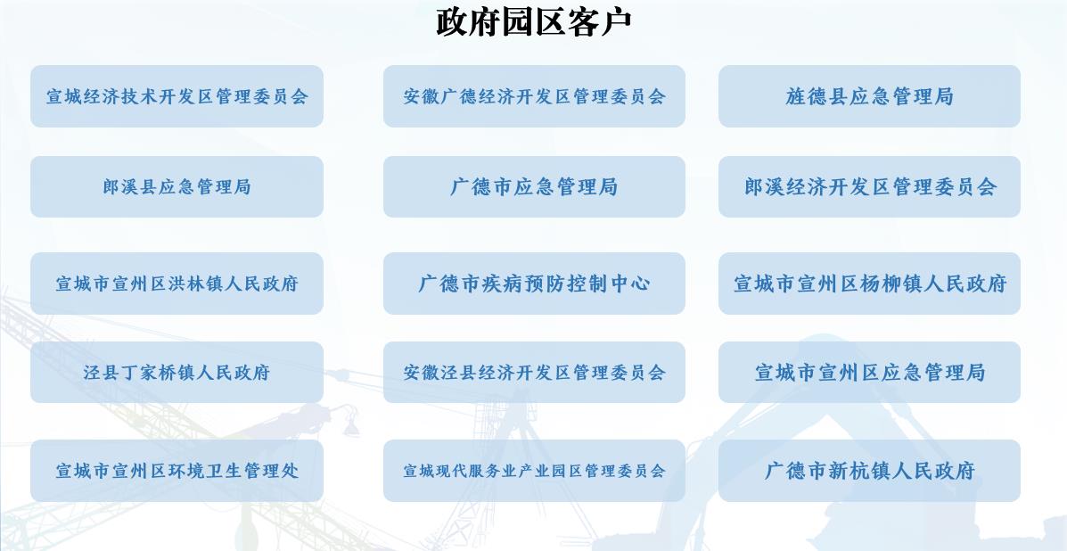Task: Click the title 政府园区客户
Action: pos(533,21)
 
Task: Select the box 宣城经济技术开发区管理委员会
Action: pos(176,96)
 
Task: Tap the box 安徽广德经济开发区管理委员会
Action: pos(534,96)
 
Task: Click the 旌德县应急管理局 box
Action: pos(870,96)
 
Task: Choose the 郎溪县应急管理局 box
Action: pos(176,186)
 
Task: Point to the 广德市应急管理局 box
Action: pos(534,186)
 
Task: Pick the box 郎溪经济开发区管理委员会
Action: pos(870,186)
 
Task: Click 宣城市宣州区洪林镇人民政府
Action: pos(176,283)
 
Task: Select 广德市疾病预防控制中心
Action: pos(534,283)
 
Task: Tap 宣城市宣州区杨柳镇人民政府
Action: pos(870,283)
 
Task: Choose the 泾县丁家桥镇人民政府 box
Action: pos(176,372)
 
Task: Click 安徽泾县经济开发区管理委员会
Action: pos(534,372)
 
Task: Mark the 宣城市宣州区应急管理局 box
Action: pos(870,372)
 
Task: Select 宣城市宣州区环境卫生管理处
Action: pos(176,471)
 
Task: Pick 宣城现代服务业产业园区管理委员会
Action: pos(534,471)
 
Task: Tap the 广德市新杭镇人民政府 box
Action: pos(870,471)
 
